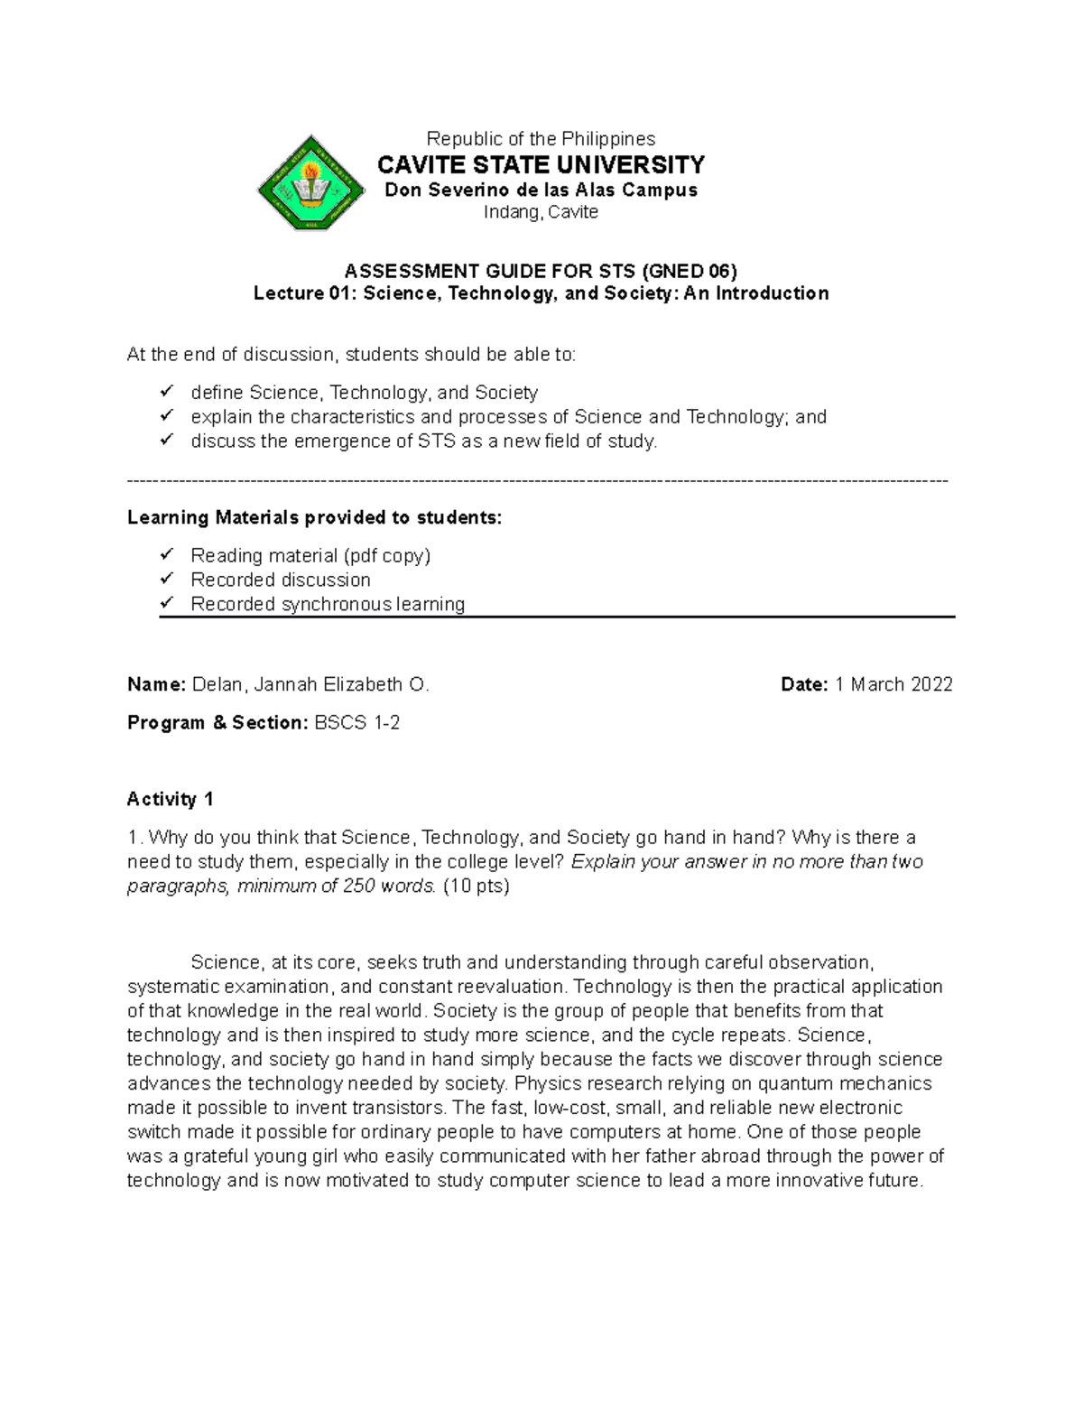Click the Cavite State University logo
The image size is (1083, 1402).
coord(310,182)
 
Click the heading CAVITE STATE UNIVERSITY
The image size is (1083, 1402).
coord(541,165)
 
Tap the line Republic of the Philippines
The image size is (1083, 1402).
coord(541,139)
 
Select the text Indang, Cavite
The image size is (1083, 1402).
coord(541,213)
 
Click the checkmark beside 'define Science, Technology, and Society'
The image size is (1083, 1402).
coord(166,392)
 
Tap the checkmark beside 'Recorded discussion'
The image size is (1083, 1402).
coord(166,579)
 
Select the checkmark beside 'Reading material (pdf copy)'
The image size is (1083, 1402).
coord(166,554)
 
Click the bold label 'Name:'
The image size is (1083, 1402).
coord(155,685)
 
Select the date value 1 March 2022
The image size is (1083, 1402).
coord(893,685)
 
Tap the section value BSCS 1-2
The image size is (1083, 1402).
coord(356,723)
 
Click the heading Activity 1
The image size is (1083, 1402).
coord(171,799)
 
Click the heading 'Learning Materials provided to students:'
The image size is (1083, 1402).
coord(314,517)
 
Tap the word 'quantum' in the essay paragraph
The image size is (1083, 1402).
coord(791,1083)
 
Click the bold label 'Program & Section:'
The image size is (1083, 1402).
coord(218,723)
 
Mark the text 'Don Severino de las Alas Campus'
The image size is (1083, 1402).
coord(541,190)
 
